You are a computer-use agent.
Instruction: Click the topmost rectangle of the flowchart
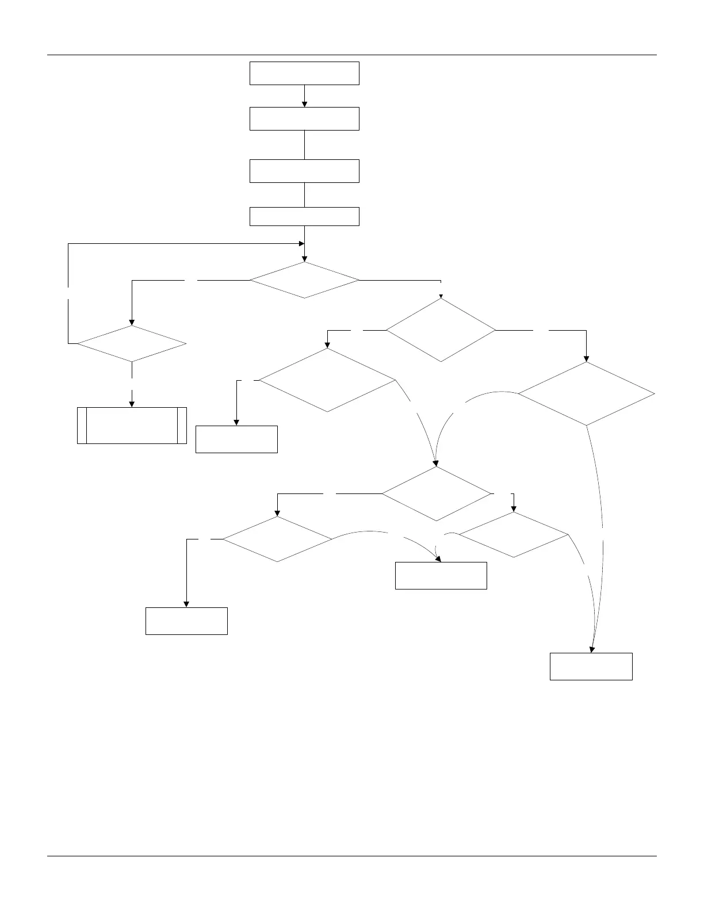[x=304, y=74]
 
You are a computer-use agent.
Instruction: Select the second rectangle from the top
[x=304, y=118]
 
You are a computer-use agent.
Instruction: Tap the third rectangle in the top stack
[x=304, y=171]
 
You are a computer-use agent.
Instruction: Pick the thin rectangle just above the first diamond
[x=304, y=216]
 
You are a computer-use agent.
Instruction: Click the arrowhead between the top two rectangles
[x=304, y=104]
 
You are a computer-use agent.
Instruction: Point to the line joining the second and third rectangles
[x=304, y=145]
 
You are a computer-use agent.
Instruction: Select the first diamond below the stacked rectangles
[x=304, y=280]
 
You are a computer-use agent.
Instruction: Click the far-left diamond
[x=132, y=344]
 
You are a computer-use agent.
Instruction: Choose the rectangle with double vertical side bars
[x=132, y=426]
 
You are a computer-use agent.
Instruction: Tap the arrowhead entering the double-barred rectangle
[x=132, y=404]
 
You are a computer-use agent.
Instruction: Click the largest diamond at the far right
[x=586, y=393]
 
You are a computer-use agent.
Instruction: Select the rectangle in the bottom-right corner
[x=591, y=667]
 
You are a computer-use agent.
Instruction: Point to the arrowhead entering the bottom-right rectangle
[x=591, y=649]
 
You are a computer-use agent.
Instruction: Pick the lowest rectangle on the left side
[x=186, y=621]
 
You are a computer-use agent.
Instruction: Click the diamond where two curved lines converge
[x=436, y=493]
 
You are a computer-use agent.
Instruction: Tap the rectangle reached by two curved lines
[x=441, y=576]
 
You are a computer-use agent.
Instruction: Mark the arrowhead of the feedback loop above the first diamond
[x=301, y=244]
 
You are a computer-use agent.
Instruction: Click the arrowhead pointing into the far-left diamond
[x=132, y=322]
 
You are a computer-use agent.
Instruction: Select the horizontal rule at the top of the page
[x=351, y=55]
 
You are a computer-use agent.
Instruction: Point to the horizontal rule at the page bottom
[x=351, y=856]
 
